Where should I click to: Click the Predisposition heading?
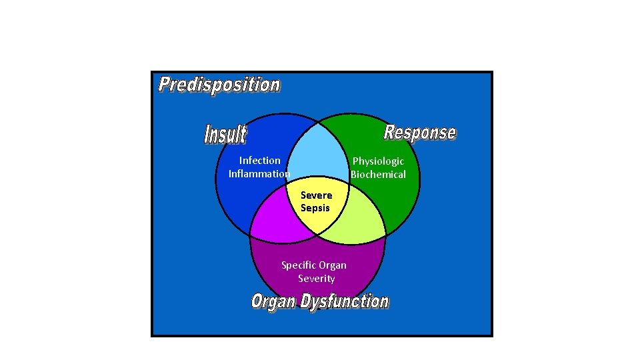click(x=219, y=85)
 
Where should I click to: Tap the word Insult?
click(x=225, y=134)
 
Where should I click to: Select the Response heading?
click(x=420, y=132)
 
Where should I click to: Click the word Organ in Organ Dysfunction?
click(x=273, y=301)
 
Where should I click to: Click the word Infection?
click(x=259, y=161)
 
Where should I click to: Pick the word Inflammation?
click(x=259, y=174)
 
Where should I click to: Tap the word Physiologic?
click(x=378, y=161)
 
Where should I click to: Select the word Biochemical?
click(x=378, y=175)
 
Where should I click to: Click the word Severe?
click(x=316, y=195)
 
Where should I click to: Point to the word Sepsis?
click(x=315, y=208)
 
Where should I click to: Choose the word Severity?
click(x=316, y=279)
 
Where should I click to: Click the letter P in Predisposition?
click(x=165, y=85)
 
